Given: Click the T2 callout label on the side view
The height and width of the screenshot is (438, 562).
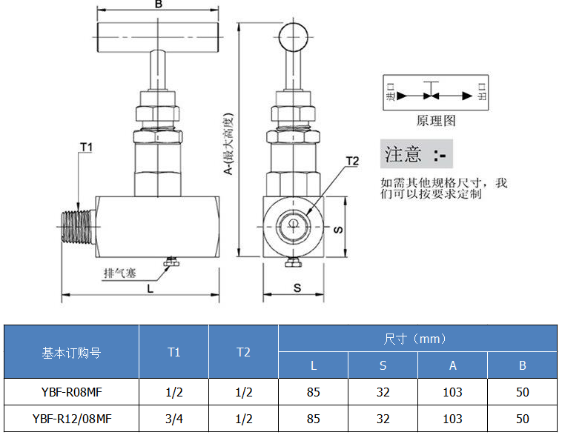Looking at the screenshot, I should point(352,161).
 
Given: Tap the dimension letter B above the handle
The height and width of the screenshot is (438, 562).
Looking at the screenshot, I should point(158,5).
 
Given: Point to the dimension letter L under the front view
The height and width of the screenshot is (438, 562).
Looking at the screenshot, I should point(151,288).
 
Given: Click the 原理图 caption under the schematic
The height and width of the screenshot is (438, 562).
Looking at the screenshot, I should point(436,120).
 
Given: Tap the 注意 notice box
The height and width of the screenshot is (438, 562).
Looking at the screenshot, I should point(416,154).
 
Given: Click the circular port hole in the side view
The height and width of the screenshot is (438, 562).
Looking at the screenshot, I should point(293,225).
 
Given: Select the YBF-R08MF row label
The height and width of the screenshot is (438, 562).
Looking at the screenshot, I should point(71,391).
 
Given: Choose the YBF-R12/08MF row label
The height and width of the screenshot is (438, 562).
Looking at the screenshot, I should point(71,419).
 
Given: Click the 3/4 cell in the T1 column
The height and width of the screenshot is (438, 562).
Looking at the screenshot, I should point(173,419).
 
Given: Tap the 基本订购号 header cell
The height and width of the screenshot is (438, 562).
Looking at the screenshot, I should point(71,352).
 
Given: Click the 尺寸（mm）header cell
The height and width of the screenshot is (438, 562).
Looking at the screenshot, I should point(417,339).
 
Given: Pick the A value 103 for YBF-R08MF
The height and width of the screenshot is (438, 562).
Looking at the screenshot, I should point(452,391).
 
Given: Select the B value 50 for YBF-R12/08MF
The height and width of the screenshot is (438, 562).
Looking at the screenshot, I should point(522,419).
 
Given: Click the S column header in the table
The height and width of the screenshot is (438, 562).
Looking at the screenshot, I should point(383,365).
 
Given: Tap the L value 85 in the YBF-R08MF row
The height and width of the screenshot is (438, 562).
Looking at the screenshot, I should point(313,391).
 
